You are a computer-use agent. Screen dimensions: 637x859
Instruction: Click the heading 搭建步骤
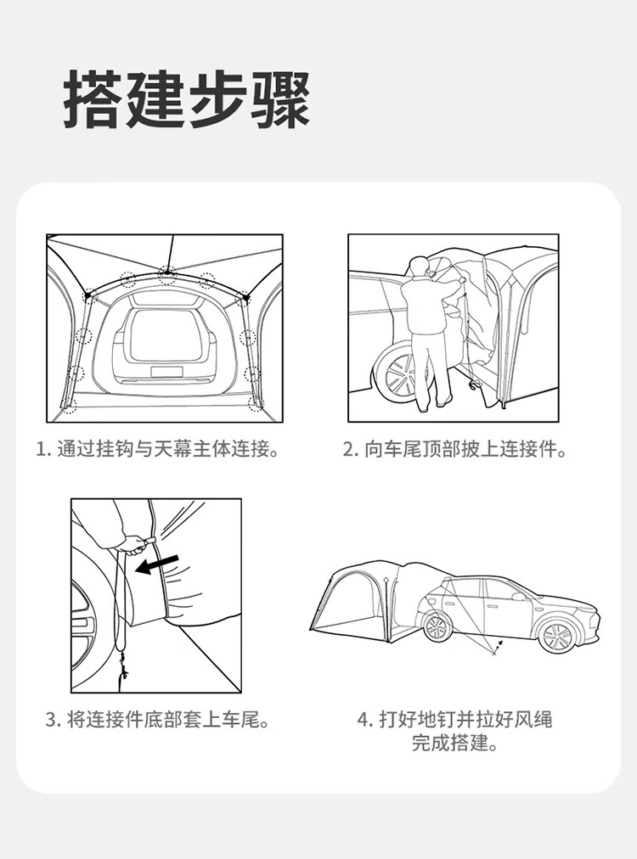(187, 99)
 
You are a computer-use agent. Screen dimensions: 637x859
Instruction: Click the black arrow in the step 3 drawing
(157, 564)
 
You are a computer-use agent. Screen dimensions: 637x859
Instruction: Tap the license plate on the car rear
(166, 372)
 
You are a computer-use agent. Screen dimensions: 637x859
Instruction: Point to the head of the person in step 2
(421, 267)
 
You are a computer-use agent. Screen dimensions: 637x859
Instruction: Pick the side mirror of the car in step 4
(517, 597)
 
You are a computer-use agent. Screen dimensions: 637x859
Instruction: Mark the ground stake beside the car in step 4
(498, 648)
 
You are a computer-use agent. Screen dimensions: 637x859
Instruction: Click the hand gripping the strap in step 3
(133, 544)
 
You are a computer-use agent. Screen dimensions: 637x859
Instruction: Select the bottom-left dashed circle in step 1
(69, 406)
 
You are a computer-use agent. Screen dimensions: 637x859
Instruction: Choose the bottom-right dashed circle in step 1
(256, 404)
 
